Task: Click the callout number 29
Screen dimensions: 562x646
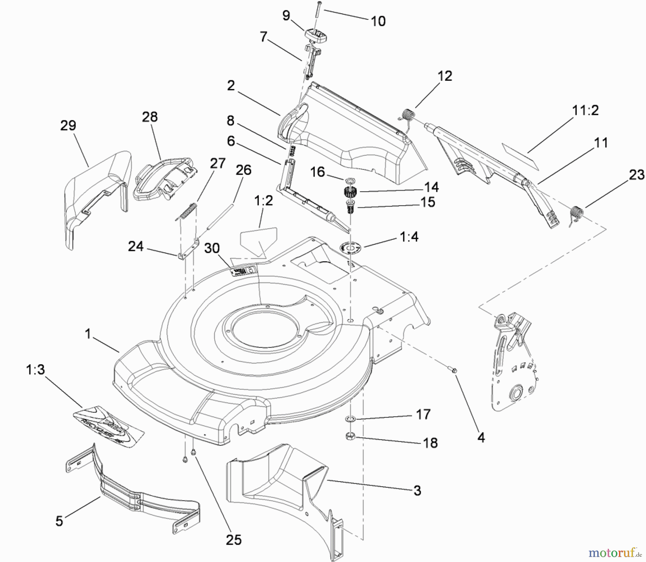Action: coord(68,126)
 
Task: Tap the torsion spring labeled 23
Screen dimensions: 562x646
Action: coord(576,214)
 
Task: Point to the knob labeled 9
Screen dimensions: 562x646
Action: coord(315,36)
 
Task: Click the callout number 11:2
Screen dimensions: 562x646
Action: coord(585,110)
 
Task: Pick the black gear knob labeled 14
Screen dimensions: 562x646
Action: coord(348,192)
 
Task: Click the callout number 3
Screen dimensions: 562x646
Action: coord(417,491)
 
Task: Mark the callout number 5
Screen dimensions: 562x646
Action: coord(59,521)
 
